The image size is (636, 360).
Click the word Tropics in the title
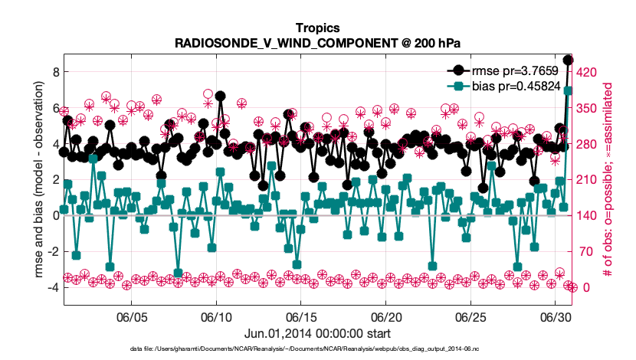317,28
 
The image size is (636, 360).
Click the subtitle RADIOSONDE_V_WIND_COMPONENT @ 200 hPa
317,43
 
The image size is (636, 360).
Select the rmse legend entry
503,70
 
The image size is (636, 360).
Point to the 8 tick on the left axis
56,72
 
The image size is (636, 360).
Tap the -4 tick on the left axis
54,287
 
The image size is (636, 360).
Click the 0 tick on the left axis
56,216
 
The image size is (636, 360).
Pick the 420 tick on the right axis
586,72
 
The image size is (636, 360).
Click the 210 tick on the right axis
586,179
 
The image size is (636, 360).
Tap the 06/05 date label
132,317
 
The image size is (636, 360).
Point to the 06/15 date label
300,317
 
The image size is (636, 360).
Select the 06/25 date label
470,317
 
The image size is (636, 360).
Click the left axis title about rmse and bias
38,179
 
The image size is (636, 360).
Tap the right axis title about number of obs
608,179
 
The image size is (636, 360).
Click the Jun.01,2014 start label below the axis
317,334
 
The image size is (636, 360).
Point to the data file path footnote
304,349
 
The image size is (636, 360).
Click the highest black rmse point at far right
568,60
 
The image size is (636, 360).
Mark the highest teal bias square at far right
568,91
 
